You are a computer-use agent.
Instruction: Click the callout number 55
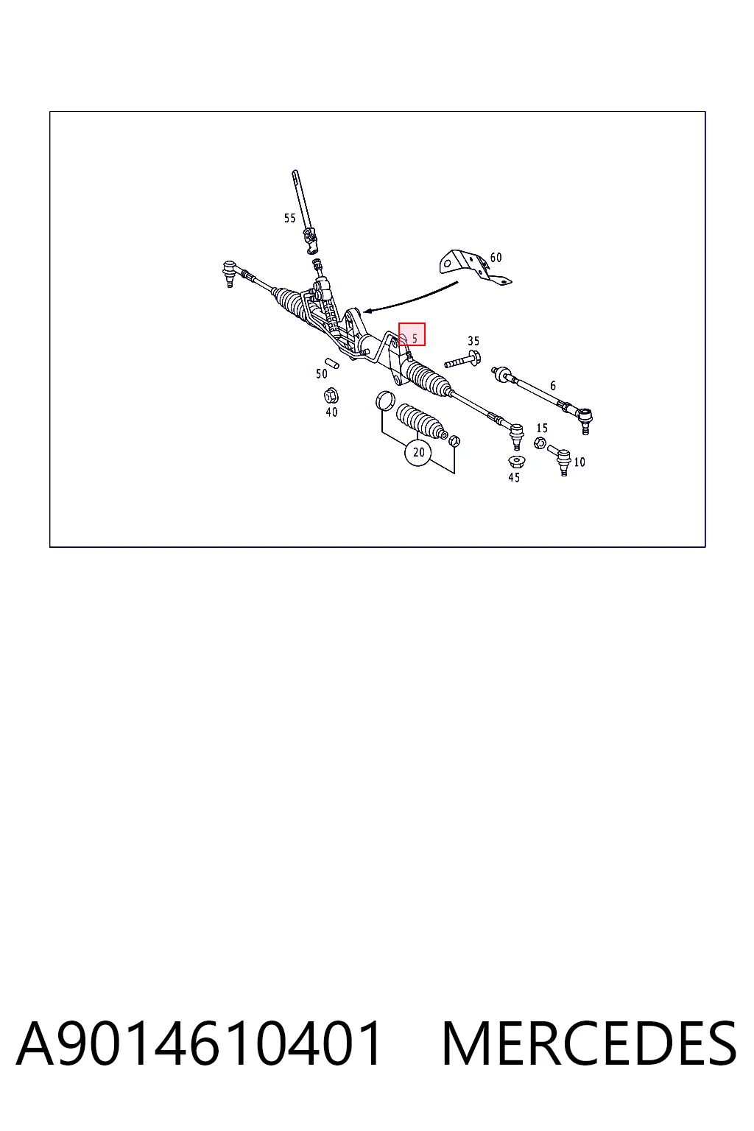289,218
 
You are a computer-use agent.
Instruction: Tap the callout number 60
496,258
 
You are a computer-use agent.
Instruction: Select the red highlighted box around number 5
412,334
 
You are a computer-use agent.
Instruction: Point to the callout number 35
473,341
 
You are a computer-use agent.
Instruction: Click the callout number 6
553,386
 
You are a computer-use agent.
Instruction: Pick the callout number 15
542,428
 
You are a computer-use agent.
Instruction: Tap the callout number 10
579,462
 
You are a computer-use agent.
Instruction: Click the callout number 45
514,478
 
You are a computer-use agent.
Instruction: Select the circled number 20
418,452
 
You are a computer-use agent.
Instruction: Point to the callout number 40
331,412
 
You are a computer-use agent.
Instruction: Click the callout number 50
322,374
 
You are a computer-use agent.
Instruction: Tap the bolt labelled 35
462,361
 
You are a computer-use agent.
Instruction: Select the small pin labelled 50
332,362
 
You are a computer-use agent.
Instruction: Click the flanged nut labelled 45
517,462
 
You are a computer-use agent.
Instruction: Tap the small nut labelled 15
540,444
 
